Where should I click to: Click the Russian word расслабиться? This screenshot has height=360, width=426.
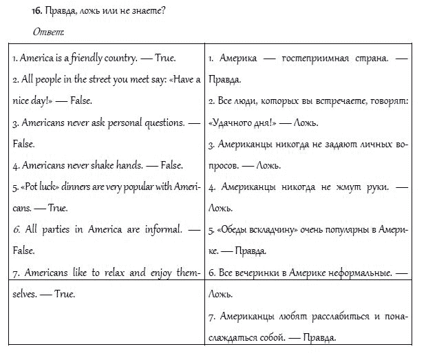pos(332,316)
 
